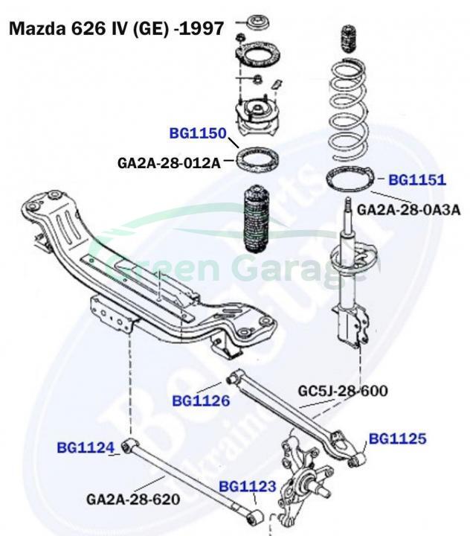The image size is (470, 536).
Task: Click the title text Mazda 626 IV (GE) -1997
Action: [115, 29]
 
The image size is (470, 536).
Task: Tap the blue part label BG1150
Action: [197, 134]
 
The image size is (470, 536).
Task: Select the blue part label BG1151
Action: [417, 179]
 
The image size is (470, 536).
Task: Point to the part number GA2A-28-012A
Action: [169, 162]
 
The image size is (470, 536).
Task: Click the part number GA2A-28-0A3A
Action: [409, 210]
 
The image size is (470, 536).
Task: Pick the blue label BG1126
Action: [201, 401]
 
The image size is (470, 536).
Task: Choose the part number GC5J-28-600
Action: [343, 390]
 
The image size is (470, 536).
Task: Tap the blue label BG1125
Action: [398, 438]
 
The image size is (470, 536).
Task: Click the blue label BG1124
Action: [86, 447]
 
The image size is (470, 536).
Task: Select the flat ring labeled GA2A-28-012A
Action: [257, 159]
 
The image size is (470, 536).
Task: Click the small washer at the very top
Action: [261, 19]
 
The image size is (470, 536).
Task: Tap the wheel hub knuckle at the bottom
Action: [305, 476]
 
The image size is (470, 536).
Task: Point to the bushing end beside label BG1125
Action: [357, 459]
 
